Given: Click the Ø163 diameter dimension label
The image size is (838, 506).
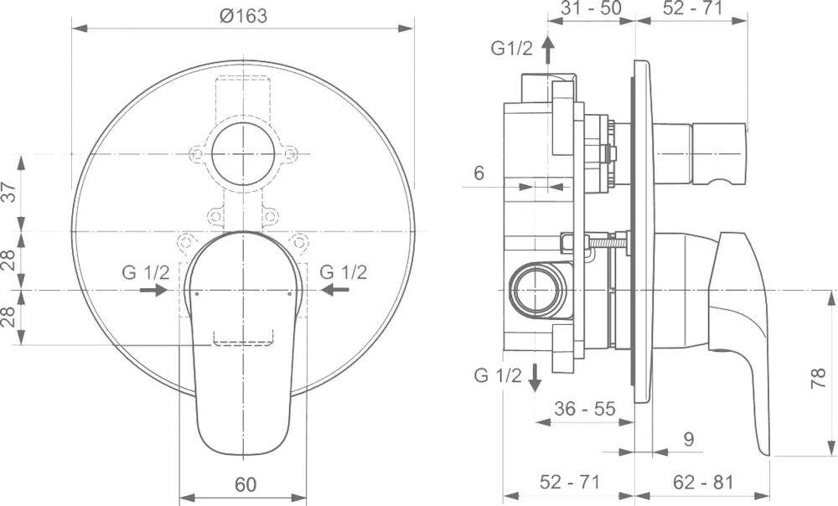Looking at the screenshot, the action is tap(243, 15).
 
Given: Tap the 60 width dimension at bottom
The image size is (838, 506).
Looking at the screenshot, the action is tap(246, 484).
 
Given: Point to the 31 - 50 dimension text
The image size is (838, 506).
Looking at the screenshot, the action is tap(591, 8).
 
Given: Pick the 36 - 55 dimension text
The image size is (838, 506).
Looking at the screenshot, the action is tap(585, 409).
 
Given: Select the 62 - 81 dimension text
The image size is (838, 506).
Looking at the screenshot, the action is tap(703, 482).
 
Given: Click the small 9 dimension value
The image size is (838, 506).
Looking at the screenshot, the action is tap(688, 439).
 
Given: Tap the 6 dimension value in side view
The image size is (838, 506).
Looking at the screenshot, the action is tap(478, 173).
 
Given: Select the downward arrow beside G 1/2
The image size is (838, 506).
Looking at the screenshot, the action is tap(535, 377).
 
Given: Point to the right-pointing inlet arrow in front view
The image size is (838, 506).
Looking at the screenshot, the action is tap(154, 290).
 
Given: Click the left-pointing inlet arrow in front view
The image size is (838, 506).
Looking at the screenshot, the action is tap(334, 290).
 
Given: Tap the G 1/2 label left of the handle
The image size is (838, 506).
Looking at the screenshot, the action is tap(145, 272).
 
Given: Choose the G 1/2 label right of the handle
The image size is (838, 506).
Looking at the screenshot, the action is tap(343, 272).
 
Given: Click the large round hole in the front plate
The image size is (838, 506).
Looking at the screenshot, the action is tap(243, 154).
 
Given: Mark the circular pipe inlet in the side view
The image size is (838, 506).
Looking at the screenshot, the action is tap(536, 291).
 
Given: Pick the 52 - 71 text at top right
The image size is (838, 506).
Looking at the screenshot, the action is tap(693, 8).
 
